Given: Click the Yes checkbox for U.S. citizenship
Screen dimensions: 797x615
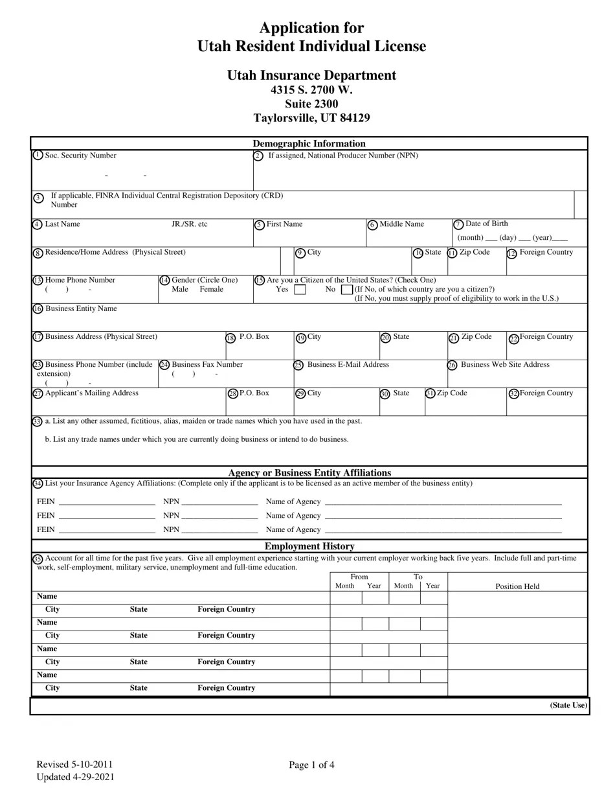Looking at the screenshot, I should coord(300,290).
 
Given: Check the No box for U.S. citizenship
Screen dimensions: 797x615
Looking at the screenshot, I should coord(346,290).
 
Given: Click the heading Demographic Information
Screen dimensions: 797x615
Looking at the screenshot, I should coord(309,144).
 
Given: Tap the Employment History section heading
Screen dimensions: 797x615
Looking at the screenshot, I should coord(309,546).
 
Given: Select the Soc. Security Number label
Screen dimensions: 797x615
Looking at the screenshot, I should coord(81,156).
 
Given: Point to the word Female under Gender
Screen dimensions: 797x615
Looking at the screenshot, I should coord(211,289).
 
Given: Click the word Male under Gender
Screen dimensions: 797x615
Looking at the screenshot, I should coord(180,289).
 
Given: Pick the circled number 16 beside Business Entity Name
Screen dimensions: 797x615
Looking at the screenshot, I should coord(38,309).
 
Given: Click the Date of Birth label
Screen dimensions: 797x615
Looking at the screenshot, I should coord(487,224).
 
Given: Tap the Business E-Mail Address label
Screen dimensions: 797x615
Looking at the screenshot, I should coord(348,365).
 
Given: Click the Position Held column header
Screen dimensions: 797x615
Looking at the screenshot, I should coord(517,586).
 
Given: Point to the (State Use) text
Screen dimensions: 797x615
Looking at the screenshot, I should coord(569,705).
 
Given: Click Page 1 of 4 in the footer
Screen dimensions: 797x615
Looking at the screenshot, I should coord(311,765).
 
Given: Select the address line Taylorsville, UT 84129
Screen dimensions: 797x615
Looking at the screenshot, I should coord(311,118).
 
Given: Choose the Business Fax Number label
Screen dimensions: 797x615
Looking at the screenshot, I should coord(207,365).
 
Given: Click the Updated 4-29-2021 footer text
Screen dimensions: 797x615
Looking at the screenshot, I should coord(75,777).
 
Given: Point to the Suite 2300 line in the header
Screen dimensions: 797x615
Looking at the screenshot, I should coord(311,104).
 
